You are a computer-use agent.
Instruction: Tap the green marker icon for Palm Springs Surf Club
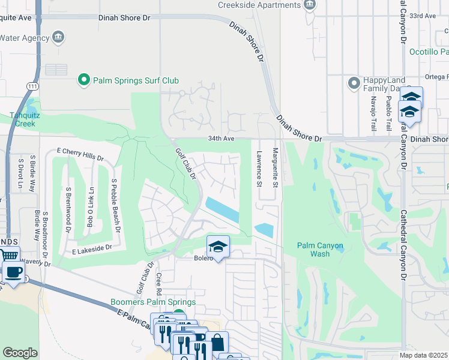pyautogui.click(x=84, y=80)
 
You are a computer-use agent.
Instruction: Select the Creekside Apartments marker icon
pyautogui.click(x=310, y=5)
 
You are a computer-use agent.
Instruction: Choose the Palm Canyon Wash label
pyautogui.click(x=322, y=250)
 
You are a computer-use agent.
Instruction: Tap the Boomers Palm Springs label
pyautogui.click(x=153, y=302)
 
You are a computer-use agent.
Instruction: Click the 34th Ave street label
pyautogui.click(x=220, y=137)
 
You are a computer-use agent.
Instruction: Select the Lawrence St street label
pyautogui.click(x=259, y=167)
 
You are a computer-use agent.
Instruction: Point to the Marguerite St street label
pyautogui.click(x=276, y=167)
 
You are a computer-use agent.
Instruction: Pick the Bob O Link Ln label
pyautogui.click(x=91, y=206)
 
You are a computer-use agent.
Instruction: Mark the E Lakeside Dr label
pyautogui.click(x=92, y=247)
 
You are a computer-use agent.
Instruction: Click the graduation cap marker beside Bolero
pyautogui.click(x=218, y=246)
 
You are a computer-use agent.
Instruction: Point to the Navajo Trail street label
pyautogui.click(x=373, y=114)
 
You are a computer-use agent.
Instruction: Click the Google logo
pyautogui.click(x=20, y=352)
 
